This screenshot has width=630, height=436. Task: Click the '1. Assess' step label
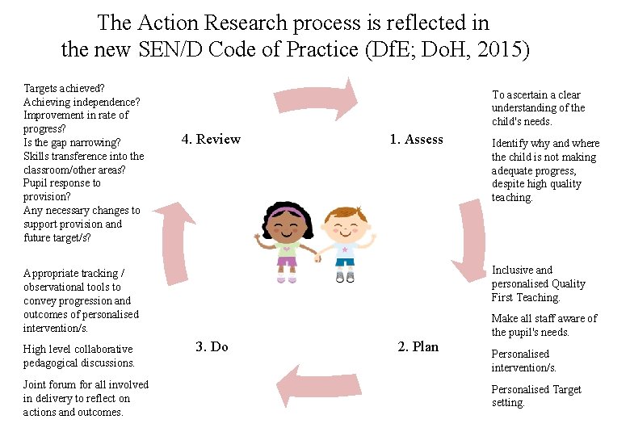tap(416, 140)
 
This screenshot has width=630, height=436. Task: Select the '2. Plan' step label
tap(418, 347)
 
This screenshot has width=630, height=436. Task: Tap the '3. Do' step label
tap(212, 347)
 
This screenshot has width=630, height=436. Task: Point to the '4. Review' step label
tap(211, 140)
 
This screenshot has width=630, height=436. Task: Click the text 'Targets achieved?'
tap(65, 88)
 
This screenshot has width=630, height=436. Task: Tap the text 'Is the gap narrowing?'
tap(72, 142)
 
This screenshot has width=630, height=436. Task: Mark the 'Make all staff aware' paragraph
tap(544, 325)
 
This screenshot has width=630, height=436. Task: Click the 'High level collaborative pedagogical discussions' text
tap(78, 356)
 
